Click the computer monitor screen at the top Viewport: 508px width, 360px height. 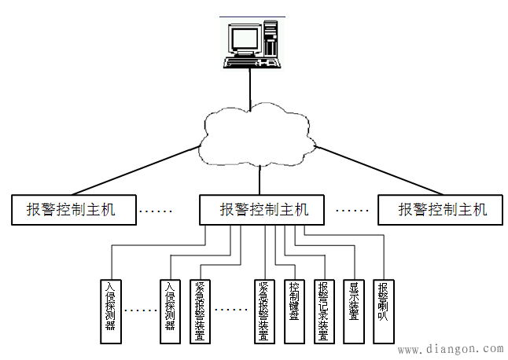pos(244,38)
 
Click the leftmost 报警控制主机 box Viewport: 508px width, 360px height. pos(72,210)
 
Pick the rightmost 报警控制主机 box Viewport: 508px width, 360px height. pos(441,210)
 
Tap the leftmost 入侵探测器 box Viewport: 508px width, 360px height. pos(111,311)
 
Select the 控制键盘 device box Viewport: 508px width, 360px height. pos(293,311)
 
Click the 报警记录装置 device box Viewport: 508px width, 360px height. pos(323,311)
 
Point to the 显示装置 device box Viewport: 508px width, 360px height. pos(354,311)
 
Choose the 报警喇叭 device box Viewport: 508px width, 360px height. pos(383,311)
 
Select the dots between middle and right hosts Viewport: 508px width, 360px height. pos(352,211)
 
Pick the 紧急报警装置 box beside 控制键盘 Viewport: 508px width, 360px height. pos(263,311)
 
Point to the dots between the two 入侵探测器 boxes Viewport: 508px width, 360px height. pos(141,311)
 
